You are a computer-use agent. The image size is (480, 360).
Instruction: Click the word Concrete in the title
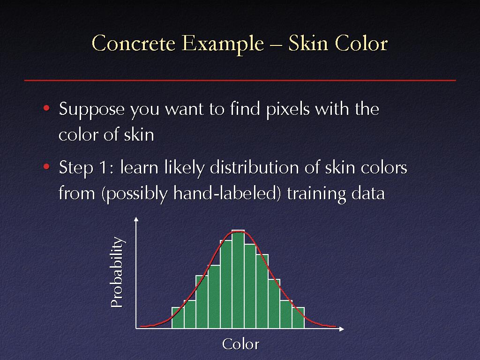[134, 43]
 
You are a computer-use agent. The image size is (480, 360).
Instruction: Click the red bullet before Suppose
[46, 108]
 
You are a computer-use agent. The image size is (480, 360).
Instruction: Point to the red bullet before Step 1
[46, 167]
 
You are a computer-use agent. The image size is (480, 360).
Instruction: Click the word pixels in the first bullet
[288, 109]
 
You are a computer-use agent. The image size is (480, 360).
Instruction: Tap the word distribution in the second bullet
[254, 168]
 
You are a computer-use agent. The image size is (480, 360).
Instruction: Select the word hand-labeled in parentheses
[225, 194]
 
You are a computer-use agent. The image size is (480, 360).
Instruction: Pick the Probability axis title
[117, 272]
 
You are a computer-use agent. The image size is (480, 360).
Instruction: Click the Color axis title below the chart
[240, 344]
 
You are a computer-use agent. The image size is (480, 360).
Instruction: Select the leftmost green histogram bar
[178, 318]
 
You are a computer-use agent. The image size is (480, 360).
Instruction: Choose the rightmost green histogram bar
[298, 318]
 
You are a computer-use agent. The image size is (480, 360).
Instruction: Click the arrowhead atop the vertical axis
[136, 219]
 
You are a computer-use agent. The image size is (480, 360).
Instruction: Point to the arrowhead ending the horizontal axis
[342, 329]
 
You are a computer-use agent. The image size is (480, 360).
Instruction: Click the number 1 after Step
[103, 168]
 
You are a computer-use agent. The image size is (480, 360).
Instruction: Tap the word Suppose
[91, 110]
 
